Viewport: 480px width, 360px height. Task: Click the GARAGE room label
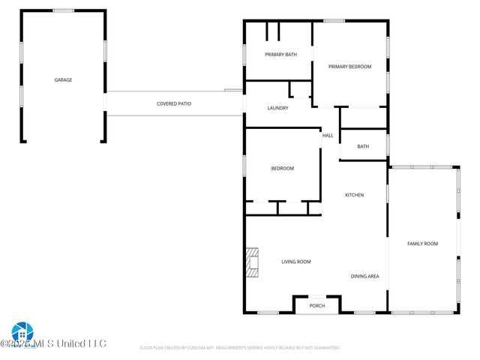pos(63,79)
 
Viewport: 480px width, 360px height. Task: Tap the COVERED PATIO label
pos(173,103)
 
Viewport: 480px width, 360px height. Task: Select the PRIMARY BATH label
pos(281,55)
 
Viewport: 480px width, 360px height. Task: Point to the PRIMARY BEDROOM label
pos(349,67)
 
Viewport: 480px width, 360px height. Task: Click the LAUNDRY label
pos(278,108)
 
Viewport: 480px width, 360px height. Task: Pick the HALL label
pos(328,136)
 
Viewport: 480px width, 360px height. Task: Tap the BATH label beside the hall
pos(363,146)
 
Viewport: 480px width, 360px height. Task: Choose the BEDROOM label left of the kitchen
pos(282,168)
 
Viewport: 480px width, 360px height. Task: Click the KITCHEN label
pos(354,195)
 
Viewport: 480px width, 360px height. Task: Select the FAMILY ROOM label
pos(422,244)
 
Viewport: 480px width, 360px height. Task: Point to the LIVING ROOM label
pos(295,262)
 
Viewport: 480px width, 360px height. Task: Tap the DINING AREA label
pos(364,276)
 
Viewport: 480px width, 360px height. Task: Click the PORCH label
pos(317,305)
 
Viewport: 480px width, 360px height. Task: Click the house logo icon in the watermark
pos(21,331)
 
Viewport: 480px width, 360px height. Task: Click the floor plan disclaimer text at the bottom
pos(240,348)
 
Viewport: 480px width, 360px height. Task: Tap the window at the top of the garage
pos(63,10)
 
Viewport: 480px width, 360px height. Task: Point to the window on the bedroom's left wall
pos(244,165)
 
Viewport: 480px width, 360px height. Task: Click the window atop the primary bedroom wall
pos(334,20)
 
